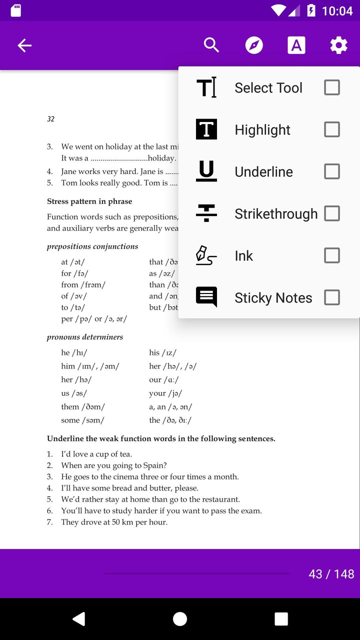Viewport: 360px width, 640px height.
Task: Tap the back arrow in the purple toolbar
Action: coord(24,45)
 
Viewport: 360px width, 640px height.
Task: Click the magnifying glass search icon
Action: coord(211,45)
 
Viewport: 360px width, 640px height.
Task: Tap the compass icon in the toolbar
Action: coord(254,45)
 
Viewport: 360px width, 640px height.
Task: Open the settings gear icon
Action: coord(338,45)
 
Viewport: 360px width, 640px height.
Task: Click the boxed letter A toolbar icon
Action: coord(296,45)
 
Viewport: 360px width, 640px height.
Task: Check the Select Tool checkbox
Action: coord(332,87)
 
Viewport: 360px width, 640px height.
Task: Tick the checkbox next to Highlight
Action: coord(332,129)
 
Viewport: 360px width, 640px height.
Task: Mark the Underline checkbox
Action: coord(332,171)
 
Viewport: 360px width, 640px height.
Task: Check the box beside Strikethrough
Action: coord(332,213)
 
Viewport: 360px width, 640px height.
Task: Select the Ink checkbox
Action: coord(332,255)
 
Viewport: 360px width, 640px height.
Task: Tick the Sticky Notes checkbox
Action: coord(332,297)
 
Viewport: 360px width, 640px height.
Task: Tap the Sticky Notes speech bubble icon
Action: coord(206,297)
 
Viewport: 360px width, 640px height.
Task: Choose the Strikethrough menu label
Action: coord(276,214)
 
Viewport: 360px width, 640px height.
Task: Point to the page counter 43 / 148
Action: coord(331,574)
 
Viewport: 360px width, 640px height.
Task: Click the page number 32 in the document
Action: coord(50,119)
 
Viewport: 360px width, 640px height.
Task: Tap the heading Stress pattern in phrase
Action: coord(89,201)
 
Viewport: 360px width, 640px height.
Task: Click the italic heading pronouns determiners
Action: coord(85,337)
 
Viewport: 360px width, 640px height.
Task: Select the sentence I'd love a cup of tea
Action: coord(96,454)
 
